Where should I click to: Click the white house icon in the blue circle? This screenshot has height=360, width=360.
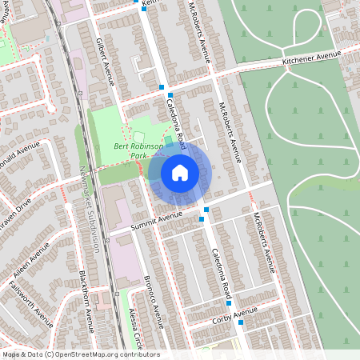[x=180, y=172]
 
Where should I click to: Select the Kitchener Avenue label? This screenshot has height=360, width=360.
[x=311, y=58]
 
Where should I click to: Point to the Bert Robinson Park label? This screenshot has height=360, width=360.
[x=138, y=151]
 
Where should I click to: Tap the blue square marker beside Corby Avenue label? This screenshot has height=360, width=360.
[x=240, y=322]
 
